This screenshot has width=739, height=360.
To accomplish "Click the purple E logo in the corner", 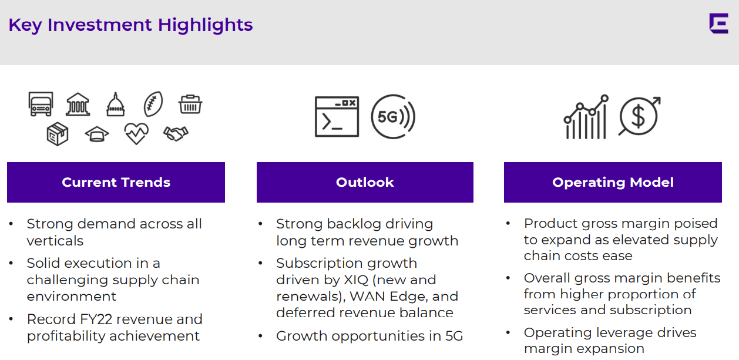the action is click(x=718, y=23).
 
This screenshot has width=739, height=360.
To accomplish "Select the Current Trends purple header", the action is click(x=116, y=182).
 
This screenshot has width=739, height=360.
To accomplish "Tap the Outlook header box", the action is click(x=365, y=182).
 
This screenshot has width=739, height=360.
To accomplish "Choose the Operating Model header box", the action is click(x=613, y=182).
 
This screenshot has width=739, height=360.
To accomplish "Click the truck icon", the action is click(x=41, y=104).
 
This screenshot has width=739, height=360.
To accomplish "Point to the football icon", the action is click(x=153, y=104).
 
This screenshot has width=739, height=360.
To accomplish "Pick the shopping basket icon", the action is click(x=190, y=104).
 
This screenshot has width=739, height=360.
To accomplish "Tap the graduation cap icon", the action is click(x=97, y=134).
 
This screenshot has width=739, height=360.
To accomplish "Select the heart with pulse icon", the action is click(x=136, y=133).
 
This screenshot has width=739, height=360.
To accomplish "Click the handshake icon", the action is click(x=176, y=133).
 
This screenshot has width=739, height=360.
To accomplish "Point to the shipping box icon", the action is click(x=58, y=134).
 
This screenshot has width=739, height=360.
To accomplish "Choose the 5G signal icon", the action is click(x=393, y=117).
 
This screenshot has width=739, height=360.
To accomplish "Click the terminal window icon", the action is click(x=337, y=116).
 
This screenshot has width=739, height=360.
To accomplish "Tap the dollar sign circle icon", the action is click(x=639, y=116).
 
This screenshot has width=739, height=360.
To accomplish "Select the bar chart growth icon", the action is click(x=586, y=117).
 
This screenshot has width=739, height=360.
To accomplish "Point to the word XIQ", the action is click(x=356, y=280).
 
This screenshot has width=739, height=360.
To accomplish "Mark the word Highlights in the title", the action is click(x=205, y=25).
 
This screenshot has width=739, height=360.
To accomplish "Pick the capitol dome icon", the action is click(x=116, y=104).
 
